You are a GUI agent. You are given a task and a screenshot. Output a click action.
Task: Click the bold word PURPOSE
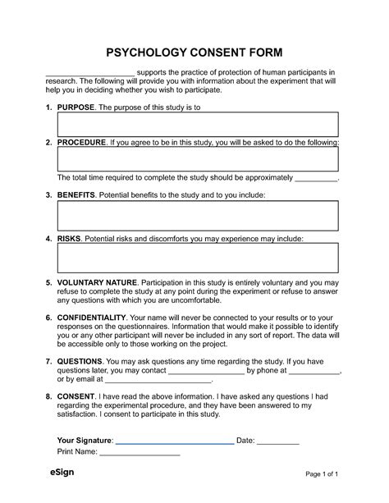(76, 107)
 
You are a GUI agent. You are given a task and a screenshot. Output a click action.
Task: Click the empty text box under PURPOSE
(198, 125)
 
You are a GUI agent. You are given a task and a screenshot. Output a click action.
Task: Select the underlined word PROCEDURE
(81, 143)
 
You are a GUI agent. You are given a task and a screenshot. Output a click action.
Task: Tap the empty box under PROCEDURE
(198, 159)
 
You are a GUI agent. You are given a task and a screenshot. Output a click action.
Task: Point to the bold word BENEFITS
(76, 196)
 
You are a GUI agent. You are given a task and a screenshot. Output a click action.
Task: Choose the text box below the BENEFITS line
(198, 216)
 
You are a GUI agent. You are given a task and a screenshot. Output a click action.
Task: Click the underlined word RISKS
(68, 239)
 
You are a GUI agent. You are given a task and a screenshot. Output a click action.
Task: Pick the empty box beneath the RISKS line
(198, 258)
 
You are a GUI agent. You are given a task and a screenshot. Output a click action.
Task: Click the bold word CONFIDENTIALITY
(91, 317)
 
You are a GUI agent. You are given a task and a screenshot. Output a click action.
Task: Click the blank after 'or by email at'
(159, 382)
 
